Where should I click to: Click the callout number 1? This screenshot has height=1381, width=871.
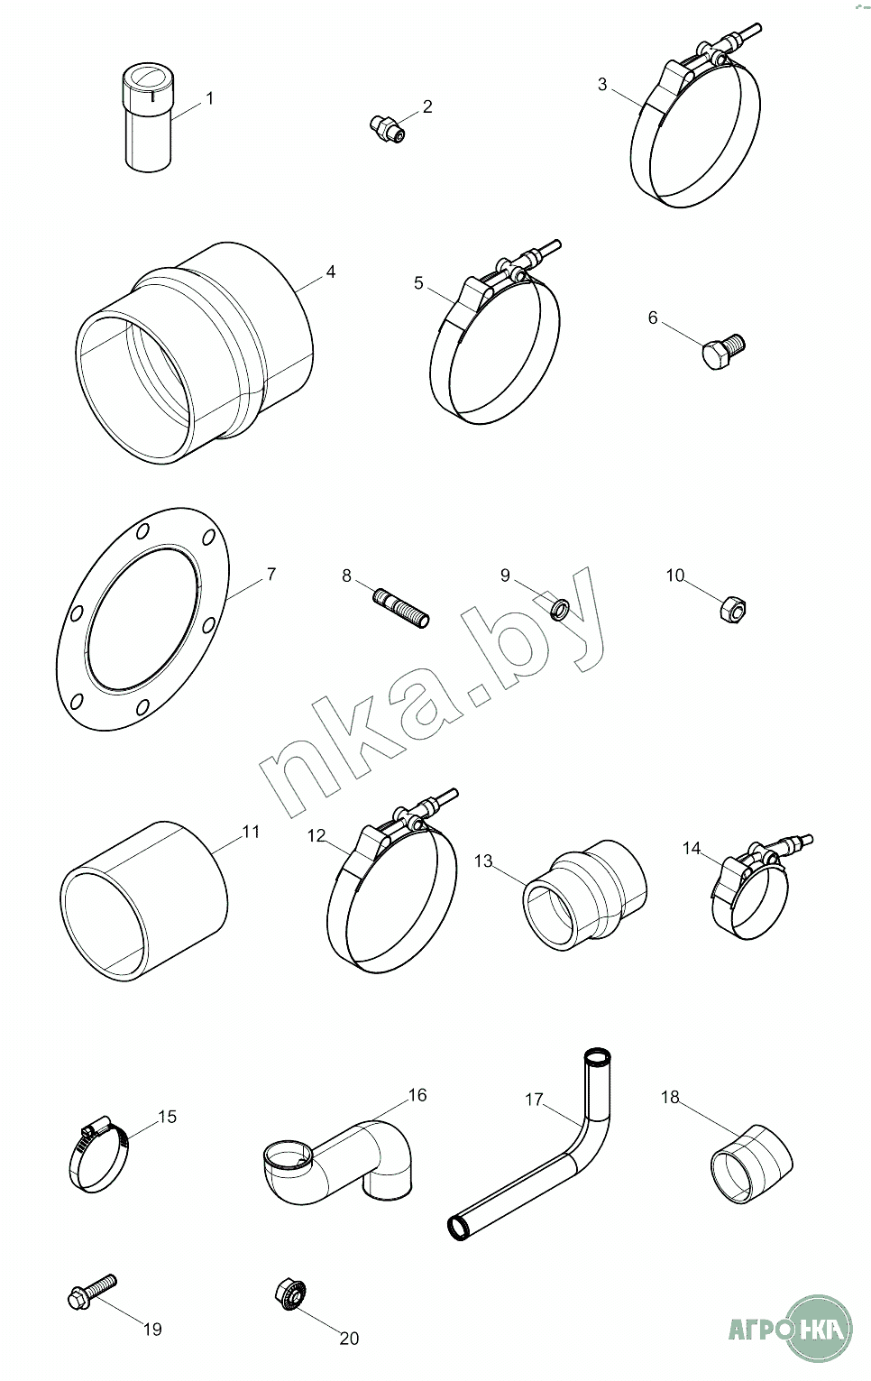point(209,98)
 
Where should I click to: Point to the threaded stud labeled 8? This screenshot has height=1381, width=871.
point(401,607)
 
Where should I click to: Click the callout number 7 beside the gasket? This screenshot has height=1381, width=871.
point(270,574)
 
